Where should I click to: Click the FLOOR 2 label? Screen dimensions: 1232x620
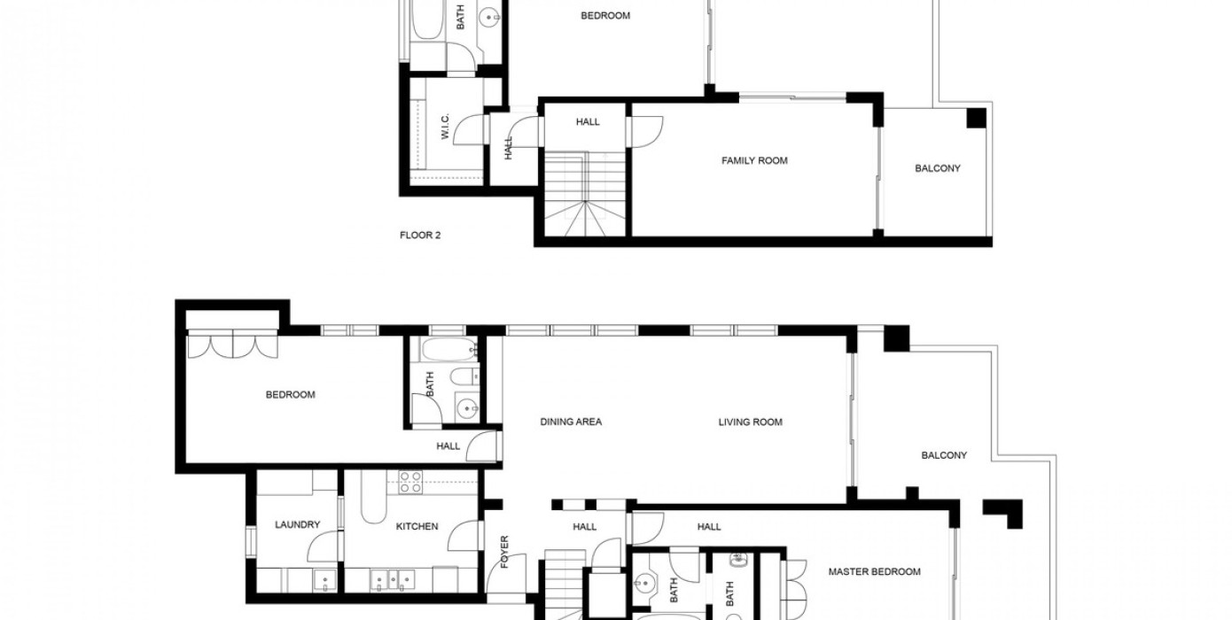coord(420,236)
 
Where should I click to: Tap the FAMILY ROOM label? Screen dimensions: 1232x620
coord(754,160)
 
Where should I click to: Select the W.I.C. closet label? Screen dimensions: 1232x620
coord(446,127)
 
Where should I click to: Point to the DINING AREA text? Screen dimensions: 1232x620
coord(571,422)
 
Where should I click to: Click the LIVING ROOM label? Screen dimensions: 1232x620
coord(750,422)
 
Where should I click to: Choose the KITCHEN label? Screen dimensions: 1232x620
coord(417,527)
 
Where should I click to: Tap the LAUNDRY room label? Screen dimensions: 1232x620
coord(297,525)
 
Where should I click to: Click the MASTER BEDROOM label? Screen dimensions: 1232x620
coord(875,571)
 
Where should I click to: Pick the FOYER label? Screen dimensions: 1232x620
coord(505,552)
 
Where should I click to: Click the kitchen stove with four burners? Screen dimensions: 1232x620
coord(411,482)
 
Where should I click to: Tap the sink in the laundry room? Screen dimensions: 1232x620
coord(325,581)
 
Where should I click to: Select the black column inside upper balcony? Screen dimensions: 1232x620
coord(977,119)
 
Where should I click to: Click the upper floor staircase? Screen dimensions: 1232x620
coord(585,194)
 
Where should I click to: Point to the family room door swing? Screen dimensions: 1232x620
coord(647,132)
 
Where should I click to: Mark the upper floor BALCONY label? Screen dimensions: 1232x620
coord(938,168)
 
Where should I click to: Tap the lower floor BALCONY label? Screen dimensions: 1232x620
coord(944,455)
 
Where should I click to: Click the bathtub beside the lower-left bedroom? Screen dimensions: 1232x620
coord(448,349)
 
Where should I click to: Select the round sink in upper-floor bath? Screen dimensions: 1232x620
coord(489,18)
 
